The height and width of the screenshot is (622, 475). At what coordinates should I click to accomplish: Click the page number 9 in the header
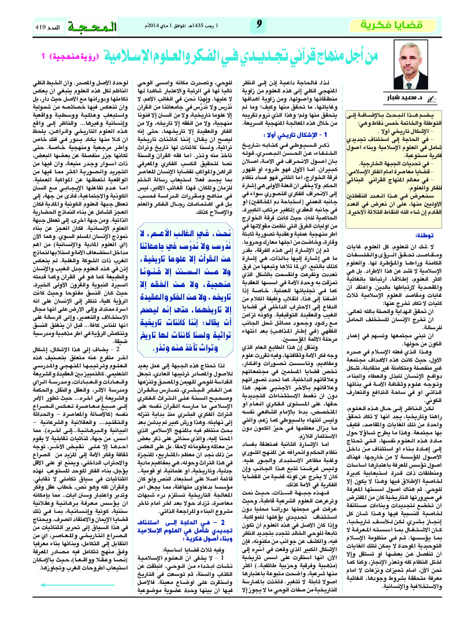259,24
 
